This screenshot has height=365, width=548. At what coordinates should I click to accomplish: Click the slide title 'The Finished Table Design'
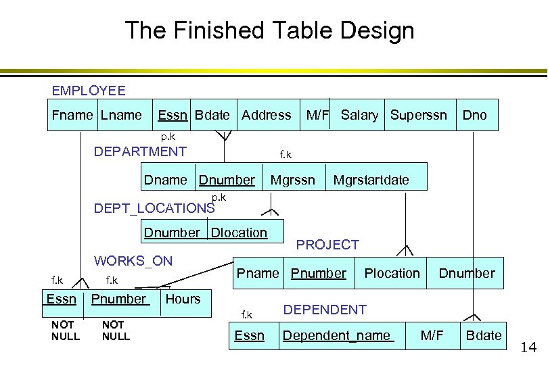coord(269,30)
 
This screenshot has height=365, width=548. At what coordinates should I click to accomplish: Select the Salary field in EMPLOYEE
coord(359,115)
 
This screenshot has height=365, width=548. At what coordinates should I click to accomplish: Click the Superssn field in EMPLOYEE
coord(418,115)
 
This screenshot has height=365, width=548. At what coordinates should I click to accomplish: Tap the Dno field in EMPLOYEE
coord(474,115)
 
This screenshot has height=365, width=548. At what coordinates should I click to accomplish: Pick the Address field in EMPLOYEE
coord(267,115)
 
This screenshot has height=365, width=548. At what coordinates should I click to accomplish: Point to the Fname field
coord(72,115)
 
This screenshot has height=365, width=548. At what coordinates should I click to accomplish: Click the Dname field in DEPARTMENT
coord(165,180)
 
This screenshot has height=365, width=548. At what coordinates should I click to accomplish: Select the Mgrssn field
coord(293,180)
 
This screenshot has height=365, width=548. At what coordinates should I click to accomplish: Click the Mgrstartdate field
coord(371,180)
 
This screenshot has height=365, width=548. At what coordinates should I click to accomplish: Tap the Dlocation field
coord(239,233)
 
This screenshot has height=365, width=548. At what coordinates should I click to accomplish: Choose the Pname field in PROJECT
coord(258,273)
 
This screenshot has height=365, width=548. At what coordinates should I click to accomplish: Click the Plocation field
coord(392,273)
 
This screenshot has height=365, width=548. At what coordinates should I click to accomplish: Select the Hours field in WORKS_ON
coord(183,299)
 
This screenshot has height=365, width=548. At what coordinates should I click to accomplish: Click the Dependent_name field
coord(337,335)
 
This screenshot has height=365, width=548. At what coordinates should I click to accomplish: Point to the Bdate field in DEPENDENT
coord(484,335)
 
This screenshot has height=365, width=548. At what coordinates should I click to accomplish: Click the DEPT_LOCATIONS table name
coord(154,208)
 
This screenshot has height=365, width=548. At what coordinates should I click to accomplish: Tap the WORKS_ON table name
coord(133,261)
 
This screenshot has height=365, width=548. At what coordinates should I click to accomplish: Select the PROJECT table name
coord(327,245)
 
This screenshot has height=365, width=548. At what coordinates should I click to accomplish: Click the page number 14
coord(528,348)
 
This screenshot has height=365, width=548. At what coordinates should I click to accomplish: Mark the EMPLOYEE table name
coord(89,91)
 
